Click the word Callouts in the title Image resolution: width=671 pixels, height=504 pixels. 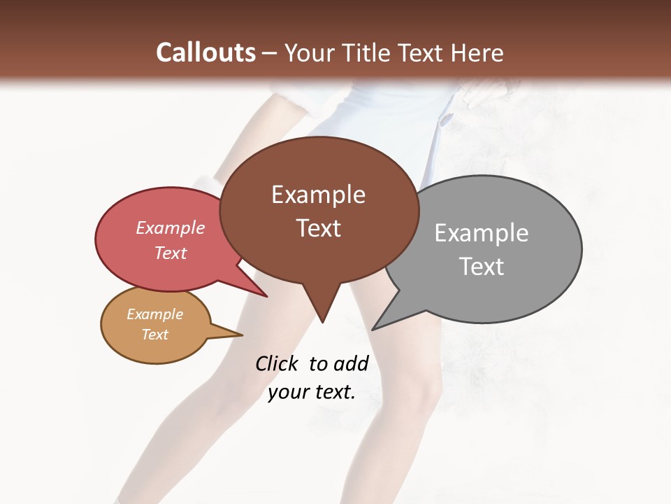[x=205, y=52]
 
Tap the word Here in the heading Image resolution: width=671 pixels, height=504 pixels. [x=477, y=52]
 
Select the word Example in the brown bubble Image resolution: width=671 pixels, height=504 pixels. [x=318, y=195]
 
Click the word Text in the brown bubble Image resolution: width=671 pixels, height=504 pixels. [x=318, y=228]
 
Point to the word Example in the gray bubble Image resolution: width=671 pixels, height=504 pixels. [x=481, y=233]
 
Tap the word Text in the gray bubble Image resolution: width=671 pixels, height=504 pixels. [x=481, y=267]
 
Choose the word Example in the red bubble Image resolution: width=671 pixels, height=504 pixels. [x=170, y=228]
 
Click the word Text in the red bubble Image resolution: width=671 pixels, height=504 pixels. [x=170, y=253]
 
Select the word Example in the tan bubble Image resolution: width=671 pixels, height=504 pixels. [x=154, y=315]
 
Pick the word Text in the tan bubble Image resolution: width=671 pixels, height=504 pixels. [x=154, y=335]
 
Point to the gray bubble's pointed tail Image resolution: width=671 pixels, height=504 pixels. [x=376, y=327]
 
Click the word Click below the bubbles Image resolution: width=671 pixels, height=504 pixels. [x=277, y=363]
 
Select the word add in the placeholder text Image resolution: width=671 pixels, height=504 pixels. [x=351, y=363]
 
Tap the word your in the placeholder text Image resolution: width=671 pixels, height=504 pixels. [x=287, y=393]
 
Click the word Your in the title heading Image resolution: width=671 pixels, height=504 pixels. [x=307, y=52]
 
